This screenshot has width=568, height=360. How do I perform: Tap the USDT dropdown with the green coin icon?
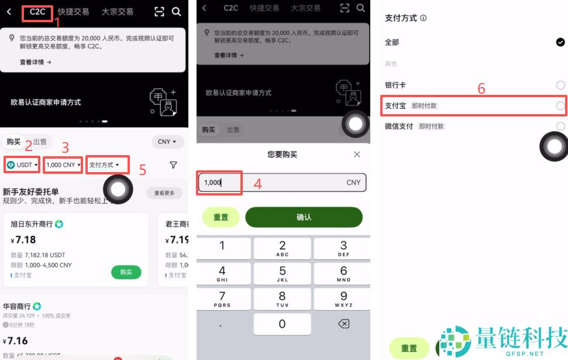point(22,165)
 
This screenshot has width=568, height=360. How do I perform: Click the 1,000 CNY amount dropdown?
point(63,165)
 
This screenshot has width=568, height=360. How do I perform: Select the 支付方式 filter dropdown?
point(108,165)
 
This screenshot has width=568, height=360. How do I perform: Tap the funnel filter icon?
point(173,165)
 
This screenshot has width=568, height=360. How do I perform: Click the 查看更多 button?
point(164,193)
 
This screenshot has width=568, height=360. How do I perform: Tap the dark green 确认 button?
point(304,217)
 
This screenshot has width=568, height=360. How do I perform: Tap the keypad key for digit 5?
point(283,273)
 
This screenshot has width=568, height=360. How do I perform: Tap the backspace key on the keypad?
point(343,324)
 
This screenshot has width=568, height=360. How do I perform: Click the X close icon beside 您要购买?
point(357,155)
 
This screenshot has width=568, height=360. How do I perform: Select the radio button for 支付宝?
point(560,106)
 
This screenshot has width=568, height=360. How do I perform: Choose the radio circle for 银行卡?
point(560,85)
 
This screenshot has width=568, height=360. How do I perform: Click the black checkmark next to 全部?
point(560,42)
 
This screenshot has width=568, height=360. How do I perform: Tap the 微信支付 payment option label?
point(399,126)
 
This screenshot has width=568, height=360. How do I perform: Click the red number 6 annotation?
point(481,89)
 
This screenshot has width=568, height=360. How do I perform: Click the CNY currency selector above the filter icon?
point(168,142)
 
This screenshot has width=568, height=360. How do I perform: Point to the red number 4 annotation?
point(257,183)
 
